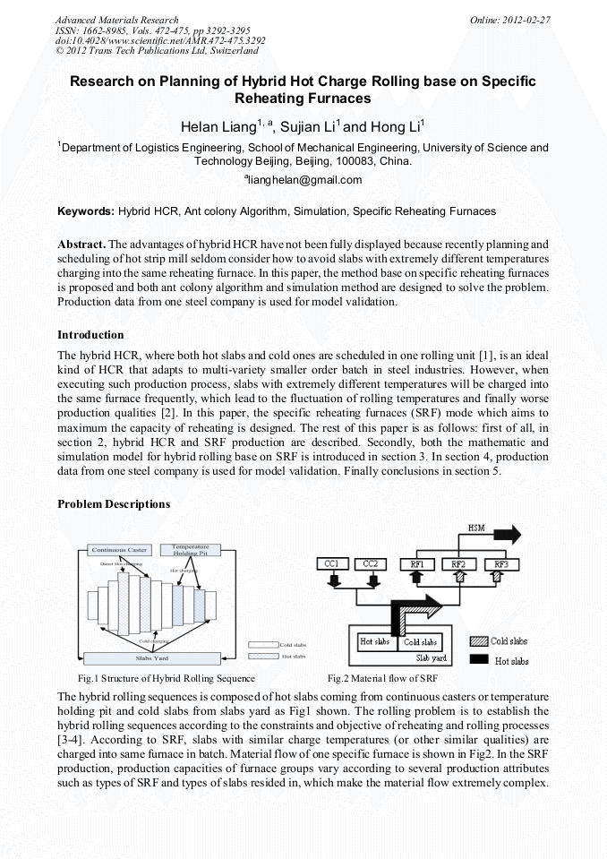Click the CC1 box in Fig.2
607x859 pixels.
tap(332, 563)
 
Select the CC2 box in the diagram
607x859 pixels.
tap(371, 563)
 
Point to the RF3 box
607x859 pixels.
tap(500, 563)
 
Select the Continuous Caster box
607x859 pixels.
tap(119, 548)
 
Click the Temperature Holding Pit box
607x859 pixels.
tap(190, 548)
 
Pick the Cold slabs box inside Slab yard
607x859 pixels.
tap(421, 641)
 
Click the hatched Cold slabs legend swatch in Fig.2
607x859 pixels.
tap(480, 641)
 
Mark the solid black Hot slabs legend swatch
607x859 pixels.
tap(480, 660)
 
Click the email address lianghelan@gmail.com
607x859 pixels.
tap(303, 180)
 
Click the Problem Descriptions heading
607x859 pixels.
tap(114, 503)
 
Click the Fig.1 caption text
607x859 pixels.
tap(167, 678)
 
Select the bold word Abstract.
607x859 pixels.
tap(82, 244)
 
